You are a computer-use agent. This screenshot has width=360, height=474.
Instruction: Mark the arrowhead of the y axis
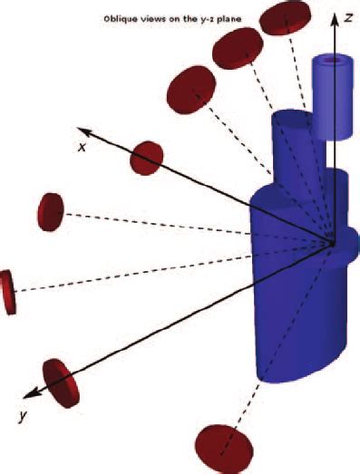coord(30,393)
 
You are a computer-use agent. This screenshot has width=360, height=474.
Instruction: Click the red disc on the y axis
coord(61,382)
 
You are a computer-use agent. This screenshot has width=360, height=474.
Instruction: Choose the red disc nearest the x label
coord(146,158)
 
